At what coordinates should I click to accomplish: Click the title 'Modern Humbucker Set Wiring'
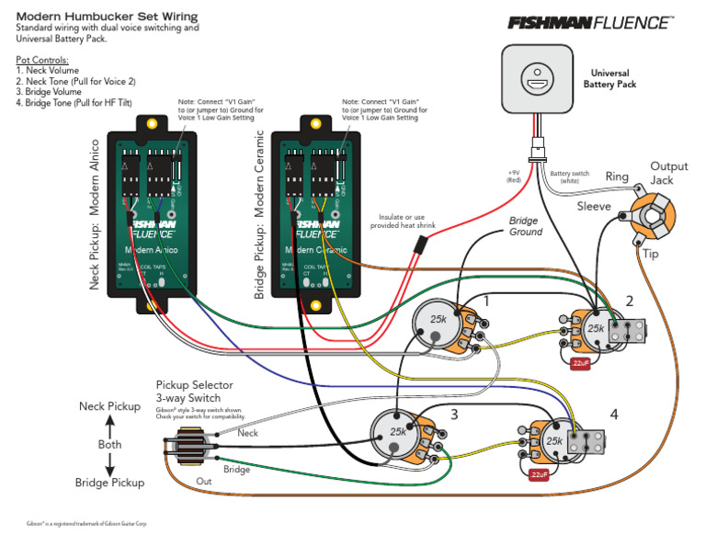tap(108, 17)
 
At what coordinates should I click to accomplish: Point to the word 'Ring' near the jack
tap(617, 176)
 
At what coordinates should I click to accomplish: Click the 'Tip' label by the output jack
tap(651, 254)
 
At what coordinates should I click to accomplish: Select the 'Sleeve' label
tap(594, 207)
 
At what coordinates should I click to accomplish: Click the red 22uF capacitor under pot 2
tap(580, 363)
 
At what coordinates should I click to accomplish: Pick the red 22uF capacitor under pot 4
tap(539, 475)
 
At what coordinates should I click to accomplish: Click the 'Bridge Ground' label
tap(526, 227)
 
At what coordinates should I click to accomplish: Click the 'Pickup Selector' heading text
tap(194, 385)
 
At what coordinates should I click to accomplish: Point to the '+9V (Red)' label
tap(513, 176)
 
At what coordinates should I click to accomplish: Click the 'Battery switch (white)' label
tap(570, 176)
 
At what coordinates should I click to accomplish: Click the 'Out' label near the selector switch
tap(203, 481)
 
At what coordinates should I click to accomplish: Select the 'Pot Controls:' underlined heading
tap(42, 60)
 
